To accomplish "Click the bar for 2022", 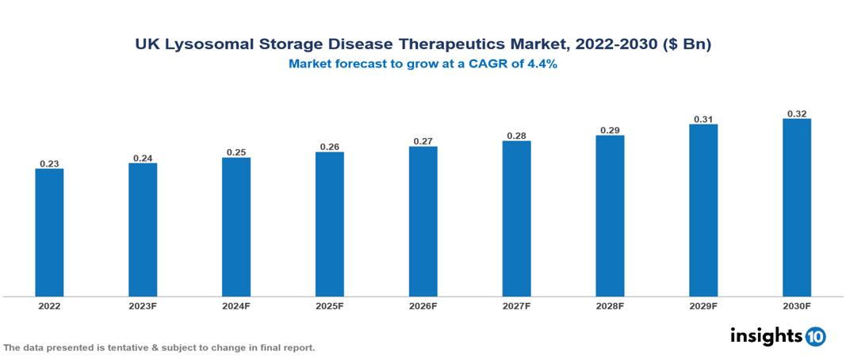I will pyautogui.click(x=49, y=232).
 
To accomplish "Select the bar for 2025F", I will pyautogui.click(x=329, y=224).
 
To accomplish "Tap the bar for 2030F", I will pyautogui.click(x=797, y=208).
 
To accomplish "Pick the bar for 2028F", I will pyautogui.click(x=610, y=216).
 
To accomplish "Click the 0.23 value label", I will pyautogui.click(x=49, y=163).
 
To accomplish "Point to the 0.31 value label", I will pyautogui.click(x=703, y=119).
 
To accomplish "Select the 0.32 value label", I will pyautogui.click(x=797, y=113).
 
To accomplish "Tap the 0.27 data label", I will pyautogui.click(x=423, y=141).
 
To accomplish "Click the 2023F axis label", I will pyautogui.click(x=143, y=305).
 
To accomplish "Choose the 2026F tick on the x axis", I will pyautogui.click(x=423, y=305).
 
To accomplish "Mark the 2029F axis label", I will pyautogui.click(x=703, y=305).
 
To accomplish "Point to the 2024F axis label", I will pyautogui.click(x=236, y=305).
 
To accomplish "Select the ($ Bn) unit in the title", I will pyautogui.click(x=686, y=45).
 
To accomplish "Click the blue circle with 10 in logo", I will pyautogui.click(x=815, y=337).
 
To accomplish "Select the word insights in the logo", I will pyautogui.click(x=766, y=336).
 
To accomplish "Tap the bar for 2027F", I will pyautogui.click(x=516, y=219).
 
